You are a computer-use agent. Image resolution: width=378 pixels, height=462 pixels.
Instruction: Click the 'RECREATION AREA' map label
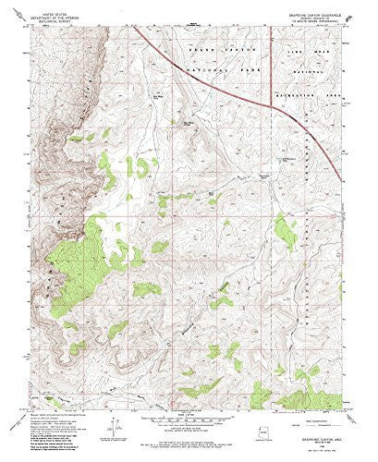pos(314,92)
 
